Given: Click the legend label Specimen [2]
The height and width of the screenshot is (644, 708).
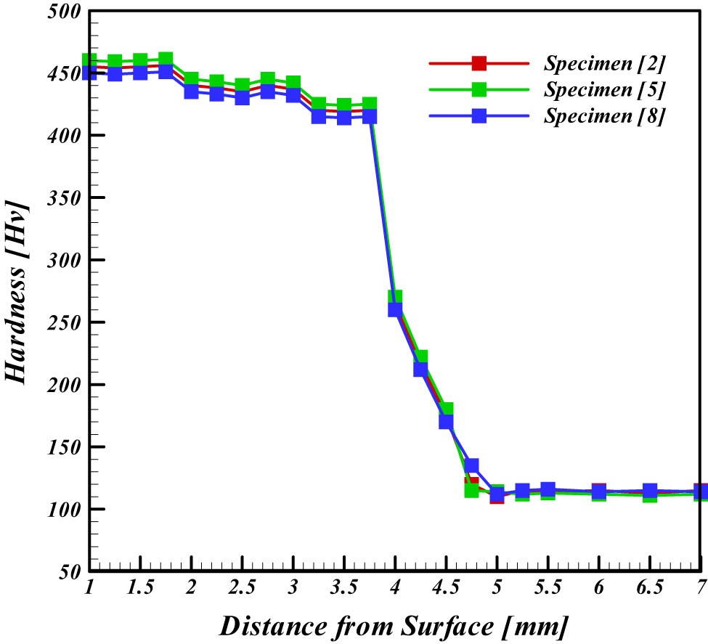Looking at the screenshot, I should coord(604,63).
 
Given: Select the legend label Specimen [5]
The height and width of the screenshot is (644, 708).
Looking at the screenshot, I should coord(604,89).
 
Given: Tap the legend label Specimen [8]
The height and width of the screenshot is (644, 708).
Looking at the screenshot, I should coord(604,115).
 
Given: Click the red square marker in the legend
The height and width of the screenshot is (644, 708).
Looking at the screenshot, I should coord(479,63).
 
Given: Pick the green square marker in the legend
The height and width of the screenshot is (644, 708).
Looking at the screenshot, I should coord(479,89).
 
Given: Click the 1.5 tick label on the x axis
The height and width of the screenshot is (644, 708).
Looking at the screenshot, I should coord(140,588).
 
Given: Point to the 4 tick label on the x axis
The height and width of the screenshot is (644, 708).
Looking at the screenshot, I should coord(395,588).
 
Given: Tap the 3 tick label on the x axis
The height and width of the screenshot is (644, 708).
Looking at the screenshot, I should coord(293,588).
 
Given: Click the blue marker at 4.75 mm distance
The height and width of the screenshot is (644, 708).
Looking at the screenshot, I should coord(471,465).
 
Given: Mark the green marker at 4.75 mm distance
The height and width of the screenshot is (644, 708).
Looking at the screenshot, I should coord(471,491).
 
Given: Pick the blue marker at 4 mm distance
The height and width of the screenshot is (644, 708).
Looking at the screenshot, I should coord(395,309).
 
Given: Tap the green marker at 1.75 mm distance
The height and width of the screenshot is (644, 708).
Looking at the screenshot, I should coord(166,60).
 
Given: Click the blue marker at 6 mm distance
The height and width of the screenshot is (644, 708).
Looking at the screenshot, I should coord(599,493).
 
